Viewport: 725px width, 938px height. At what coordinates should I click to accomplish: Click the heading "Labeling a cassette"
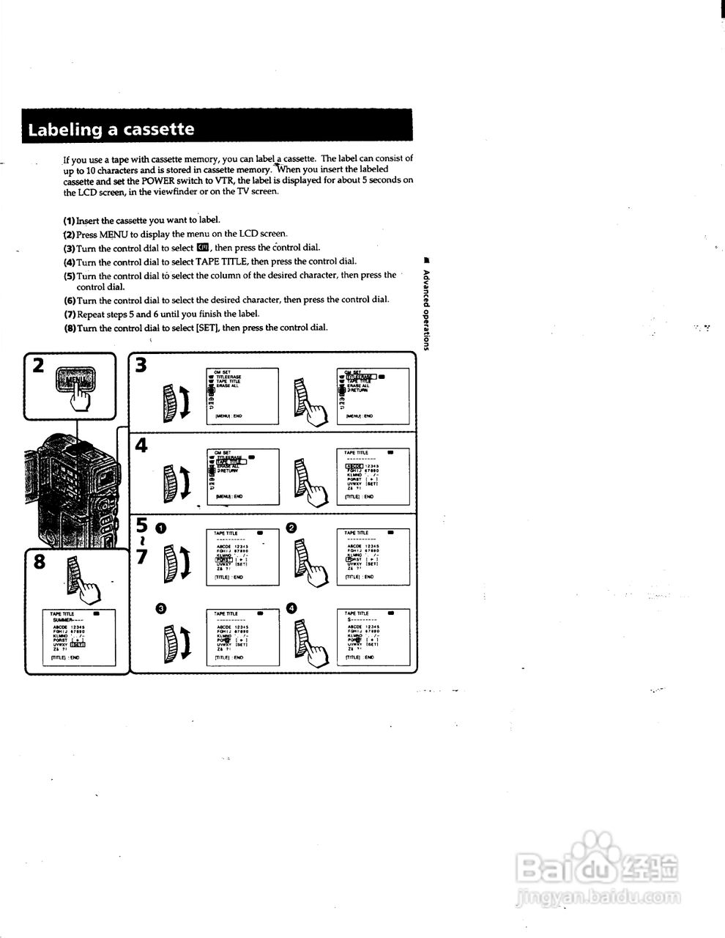pos(111,130)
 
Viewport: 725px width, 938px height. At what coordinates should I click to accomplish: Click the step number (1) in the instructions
pos(69,220)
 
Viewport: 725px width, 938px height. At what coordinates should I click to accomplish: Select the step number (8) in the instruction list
pos(69,328)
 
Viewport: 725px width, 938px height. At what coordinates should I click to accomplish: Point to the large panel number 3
pos(141,365)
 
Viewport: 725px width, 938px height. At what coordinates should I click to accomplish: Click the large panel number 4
pos(141,445)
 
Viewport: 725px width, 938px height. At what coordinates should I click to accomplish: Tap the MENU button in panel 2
pos(76,381)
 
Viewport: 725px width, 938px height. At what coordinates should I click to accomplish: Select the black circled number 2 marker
pos(291,528)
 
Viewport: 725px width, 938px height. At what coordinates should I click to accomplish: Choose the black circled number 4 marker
pos(291,608)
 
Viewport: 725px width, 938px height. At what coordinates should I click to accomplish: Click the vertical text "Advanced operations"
pos(426,307)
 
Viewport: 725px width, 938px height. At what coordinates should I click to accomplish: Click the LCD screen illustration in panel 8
pos(78,636)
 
